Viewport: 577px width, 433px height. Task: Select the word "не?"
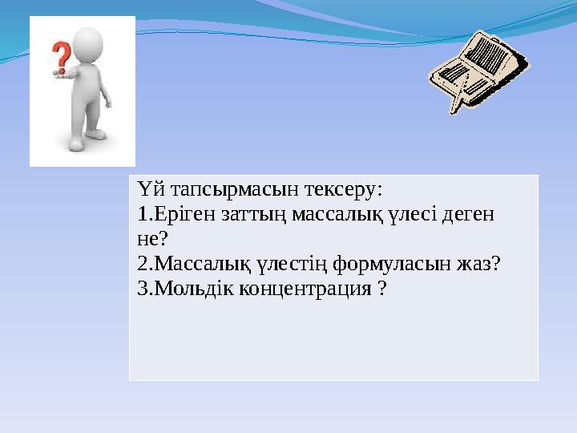[152, 239]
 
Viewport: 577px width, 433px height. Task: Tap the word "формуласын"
[386, 264]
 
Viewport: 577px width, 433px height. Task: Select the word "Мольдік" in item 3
[190, 288]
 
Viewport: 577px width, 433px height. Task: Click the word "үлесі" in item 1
[409, 215]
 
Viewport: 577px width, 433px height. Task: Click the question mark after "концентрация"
[381, 288]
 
